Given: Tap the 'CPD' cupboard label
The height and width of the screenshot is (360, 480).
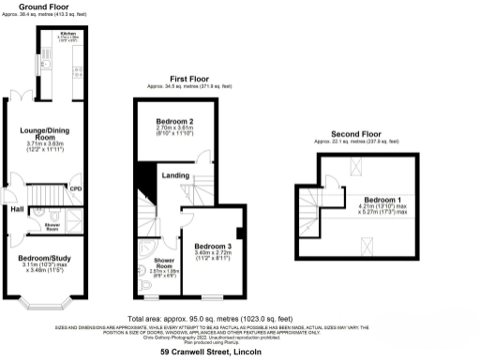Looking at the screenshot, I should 75,189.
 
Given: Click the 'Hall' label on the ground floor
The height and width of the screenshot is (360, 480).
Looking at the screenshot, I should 17,209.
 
